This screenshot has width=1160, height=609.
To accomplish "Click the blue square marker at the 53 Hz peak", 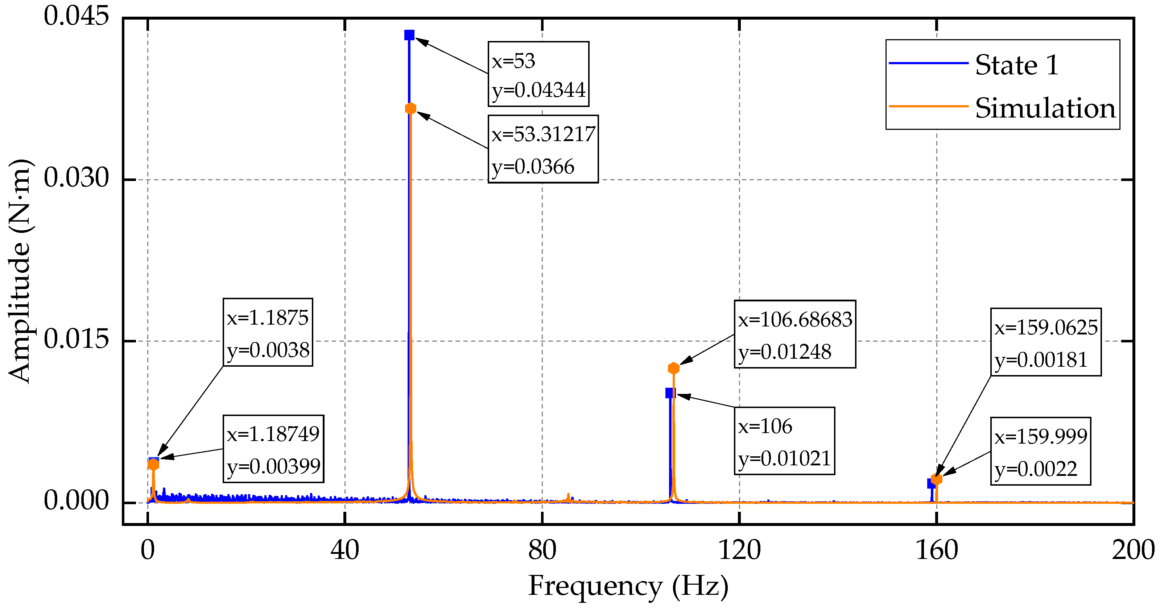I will point(409,35).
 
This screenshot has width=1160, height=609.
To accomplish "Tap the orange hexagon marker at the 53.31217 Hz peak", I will point(410,108).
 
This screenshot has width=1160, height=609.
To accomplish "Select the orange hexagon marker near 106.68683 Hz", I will point(673,369).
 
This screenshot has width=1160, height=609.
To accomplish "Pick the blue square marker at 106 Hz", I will point(670,393).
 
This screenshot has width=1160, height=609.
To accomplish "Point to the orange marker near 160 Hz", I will point(937,479).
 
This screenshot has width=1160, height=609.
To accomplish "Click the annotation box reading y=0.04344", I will point(538,74).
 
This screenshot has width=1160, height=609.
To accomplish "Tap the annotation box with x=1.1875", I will point(268,332).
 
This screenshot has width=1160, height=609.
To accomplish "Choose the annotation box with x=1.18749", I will point(273,449).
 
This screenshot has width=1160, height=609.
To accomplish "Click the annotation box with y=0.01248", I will point(795,334).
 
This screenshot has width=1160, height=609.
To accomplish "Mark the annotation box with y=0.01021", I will point(784,441).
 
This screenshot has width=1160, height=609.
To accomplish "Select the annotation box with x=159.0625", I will point(1046,342).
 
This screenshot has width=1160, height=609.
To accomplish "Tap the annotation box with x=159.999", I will point(1040,451).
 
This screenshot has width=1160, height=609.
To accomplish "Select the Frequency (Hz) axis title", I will point(628,586).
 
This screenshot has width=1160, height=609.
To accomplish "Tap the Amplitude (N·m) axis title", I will point(19,271).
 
